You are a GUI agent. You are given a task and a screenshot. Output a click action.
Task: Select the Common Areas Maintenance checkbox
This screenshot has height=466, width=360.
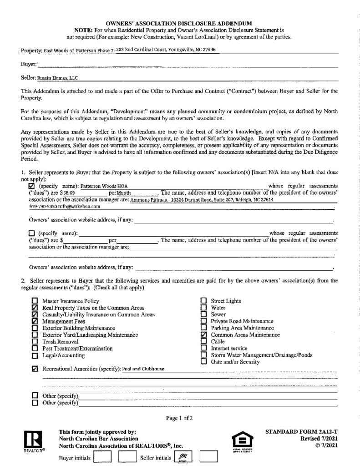204,335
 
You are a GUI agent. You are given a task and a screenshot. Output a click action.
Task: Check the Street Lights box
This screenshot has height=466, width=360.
204,301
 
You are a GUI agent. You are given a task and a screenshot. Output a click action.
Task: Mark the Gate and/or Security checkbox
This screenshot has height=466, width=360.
204,362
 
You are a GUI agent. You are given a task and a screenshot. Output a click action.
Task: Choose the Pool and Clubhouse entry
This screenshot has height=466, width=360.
143,369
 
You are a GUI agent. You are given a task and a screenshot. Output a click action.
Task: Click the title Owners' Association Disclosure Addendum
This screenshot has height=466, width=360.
179,23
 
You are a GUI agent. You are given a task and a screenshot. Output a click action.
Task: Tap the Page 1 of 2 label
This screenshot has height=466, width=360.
179,418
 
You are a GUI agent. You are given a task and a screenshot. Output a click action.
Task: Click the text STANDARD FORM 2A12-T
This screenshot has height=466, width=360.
301,431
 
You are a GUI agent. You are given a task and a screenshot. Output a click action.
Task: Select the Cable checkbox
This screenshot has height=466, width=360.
204,342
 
